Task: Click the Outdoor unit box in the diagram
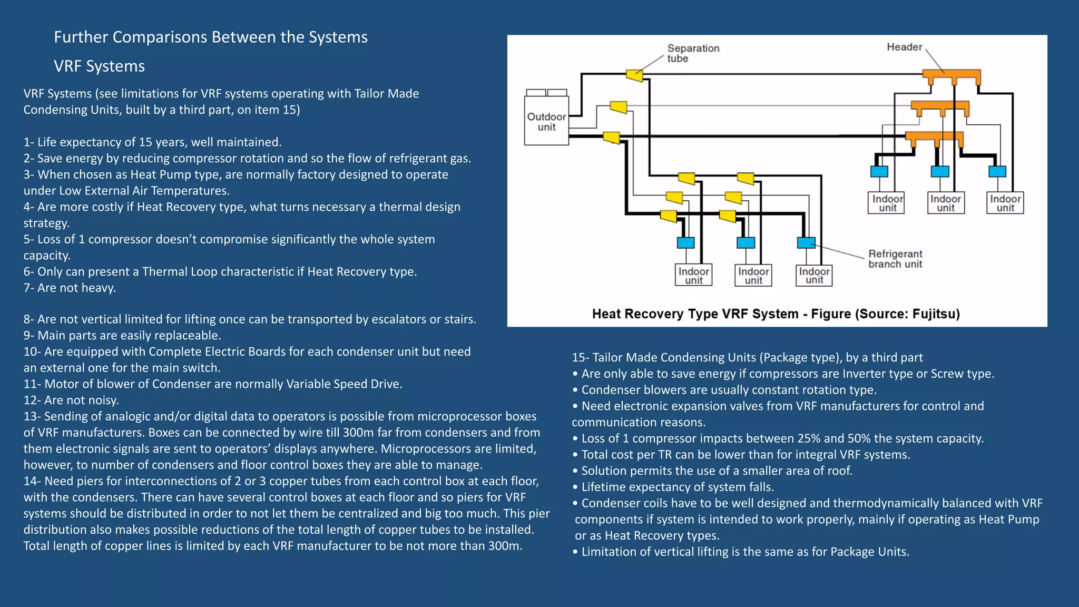tap(546, 121)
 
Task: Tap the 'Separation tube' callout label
tap(692, 53)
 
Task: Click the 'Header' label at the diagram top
tap(904, 47)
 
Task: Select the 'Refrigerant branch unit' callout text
tap(895, 259)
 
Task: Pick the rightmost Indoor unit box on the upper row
tap(1005, 203)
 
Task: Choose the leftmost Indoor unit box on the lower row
tap(693, 275)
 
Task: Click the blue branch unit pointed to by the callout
tap(806, 242)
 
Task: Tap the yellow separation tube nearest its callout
tap(635, 75)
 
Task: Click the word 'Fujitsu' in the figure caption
tap(934, 314)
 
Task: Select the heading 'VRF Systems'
tap(99, 66)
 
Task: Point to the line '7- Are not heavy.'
tap(70, 288)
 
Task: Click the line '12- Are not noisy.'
tap(71, 400)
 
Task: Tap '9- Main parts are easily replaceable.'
tap(122, 336)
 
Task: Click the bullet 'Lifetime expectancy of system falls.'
tap(677, 487)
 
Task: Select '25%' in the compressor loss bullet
tap(809, 438)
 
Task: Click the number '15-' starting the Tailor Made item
tap(580, 358)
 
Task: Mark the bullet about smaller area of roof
tap(716, 471)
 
